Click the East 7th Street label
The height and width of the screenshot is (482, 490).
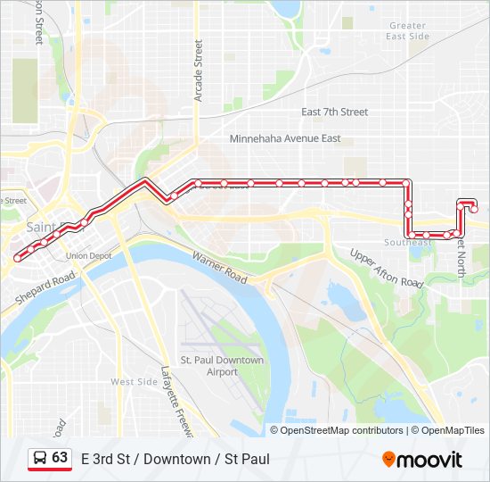[x=334, y=112]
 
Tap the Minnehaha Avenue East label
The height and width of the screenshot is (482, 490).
[x=285, y=139]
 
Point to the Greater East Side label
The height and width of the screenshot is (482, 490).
[x=408, y=31]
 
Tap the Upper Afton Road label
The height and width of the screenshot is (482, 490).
[x=386, y=269]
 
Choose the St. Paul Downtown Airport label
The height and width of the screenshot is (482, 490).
[x=223, y=366]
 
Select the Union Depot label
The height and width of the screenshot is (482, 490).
[x=88, y=256]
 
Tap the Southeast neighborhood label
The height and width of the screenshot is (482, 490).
[x=408, y=243]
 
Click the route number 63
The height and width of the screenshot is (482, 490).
[x=60, y=458]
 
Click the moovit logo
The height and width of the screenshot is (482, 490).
[x=422, y=460]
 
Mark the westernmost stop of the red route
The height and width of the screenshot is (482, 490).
[x=16, y=259]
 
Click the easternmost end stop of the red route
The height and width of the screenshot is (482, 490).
[x=474, y=209]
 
